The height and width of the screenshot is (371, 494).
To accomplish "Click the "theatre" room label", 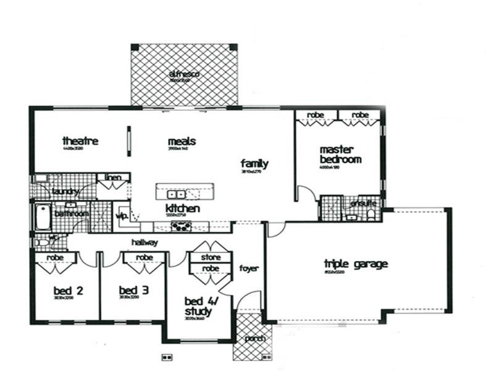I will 80,141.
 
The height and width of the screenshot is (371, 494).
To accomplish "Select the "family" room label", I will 254,164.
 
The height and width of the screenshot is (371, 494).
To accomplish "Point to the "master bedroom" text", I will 340,155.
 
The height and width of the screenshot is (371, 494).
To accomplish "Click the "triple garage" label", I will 356,265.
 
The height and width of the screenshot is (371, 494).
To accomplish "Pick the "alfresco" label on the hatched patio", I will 183,75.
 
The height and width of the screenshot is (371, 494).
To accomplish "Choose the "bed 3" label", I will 133,290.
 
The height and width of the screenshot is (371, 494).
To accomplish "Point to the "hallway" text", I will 144,242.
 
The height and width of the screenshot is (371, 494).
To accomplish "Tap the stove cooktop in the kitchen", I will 181,226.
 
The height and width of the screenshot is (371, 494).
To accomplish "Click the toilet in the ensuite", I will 371,214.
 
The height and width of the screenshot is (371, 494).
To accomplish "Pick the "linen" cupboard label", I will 112,178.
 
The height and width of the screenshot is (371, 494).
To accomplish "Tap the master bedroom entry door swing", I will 303,193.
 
